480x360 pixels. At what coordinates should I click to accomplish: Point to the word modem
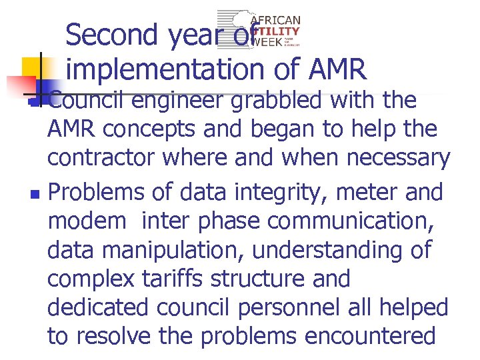(x=86, y=221)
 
